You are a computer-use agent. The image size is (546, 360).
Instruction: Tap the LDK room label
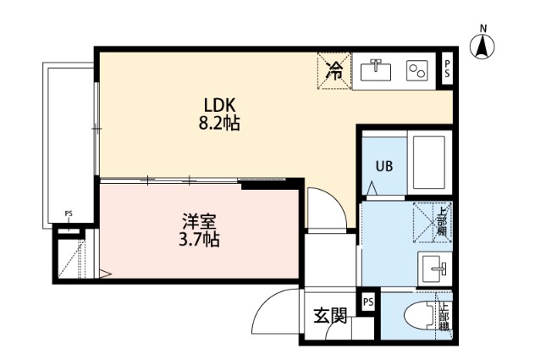(218, 105)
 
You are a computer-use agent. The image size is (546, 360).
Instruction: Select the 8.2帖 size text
(218, 124)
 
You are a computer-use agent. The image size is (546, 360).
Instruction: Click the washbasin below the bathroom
(434, 270)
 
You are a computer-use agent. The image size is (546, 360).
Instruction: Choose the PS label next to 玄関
(369, 302)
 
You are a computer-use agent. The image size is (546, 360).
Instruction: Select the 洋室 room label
(199, 222)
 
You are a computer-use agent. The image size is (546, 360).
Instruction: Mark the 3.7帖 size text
(199, 241)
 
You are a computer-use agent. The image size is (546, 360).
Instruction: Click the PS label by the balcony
(69, 214)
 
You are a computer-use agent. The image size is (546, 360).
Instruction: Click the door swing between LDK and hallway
(323, 207)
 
